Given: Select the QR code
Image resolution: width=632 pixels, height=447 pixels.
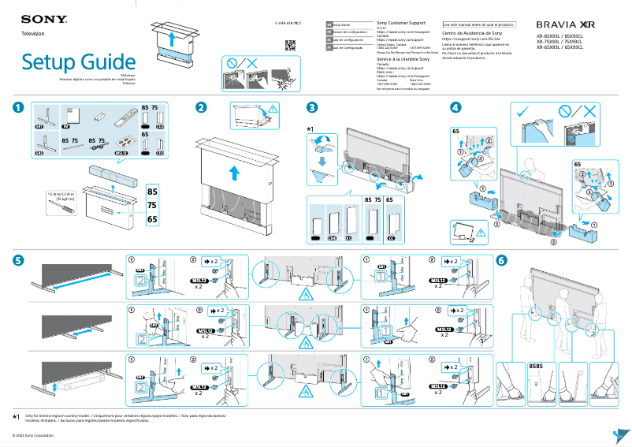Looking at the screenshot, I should pos(289,44).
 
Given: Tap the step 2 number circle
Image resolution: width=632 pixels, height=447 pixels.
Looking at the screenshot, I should pos(202,108).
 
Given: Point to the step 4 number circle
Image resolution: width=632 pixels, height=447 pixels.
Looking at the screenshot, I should pos(455,108).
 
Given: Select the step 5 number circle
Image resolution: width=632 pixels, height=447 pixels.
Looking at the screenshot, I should pos(17,260).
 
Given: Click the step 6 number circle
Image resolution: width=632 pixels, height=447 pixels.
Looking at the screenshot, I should pos(502,260).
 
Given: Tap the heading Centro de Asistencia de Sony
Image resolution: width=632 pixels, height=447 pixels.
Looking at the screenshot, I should pos(472,34).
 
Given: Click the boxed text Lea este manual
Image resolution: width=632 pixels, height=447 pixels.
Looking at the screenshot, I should pos(479,24).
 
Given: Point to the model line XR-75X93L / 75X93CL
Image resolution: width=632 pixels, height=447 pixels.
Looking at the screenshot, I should pos(560,42).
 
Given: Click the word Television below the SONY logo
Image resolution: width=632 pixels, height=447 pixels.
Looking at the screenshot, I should pos(33,34).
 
